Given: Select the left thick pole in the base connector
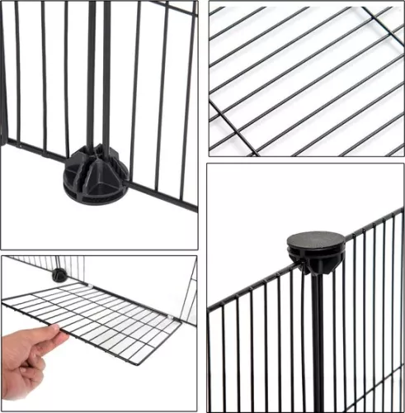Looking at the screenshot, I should [90, 74].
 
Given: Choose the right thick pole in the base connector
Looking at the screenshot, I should [106, 74].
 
